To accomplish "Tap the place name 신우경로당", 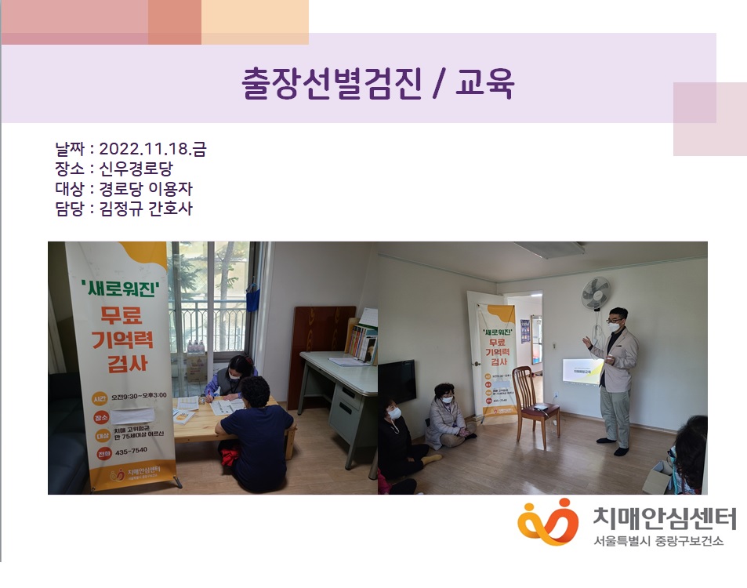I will click(x=141, y=169).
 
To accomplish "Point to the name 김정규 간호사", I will click(x=146, y=209).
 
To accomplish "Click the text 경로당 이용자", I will click(x=146, y=189).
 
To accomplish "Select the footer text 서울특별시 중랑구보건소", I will click(x=658, y=541).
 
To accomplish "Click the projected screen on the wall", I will click(x=582, y=372).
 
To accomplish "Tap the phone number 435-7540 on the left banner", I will click(x=131, y=452).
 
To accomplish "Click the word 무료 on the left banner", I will click(x=124, y=318).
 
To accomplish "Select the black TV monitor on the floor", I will click(x=397, y=382).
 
